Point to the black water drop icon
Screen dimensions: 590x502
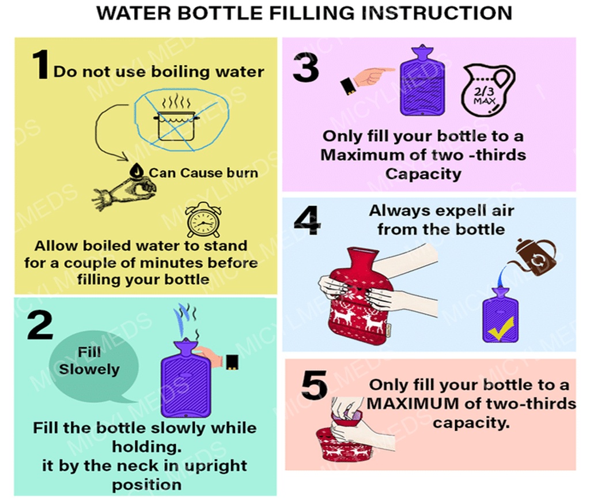tap(137, 171)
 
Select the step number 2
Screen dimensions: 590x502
tap(40, 326)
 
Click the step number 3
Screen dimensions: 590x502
tap(306, 68)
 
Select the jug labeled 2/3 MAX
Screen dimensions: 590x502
tap(487, 90)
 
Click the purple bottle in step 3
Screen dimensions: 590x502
tap(422, 80)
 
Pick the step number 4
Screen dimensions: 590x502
tap(308, 221)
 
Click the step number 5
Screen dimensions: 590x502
tap(315, 385)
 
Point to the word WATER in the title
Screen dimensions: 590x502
tap(134, 13)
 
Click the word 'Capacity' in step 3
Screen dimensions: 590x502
tap(423, 174)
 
